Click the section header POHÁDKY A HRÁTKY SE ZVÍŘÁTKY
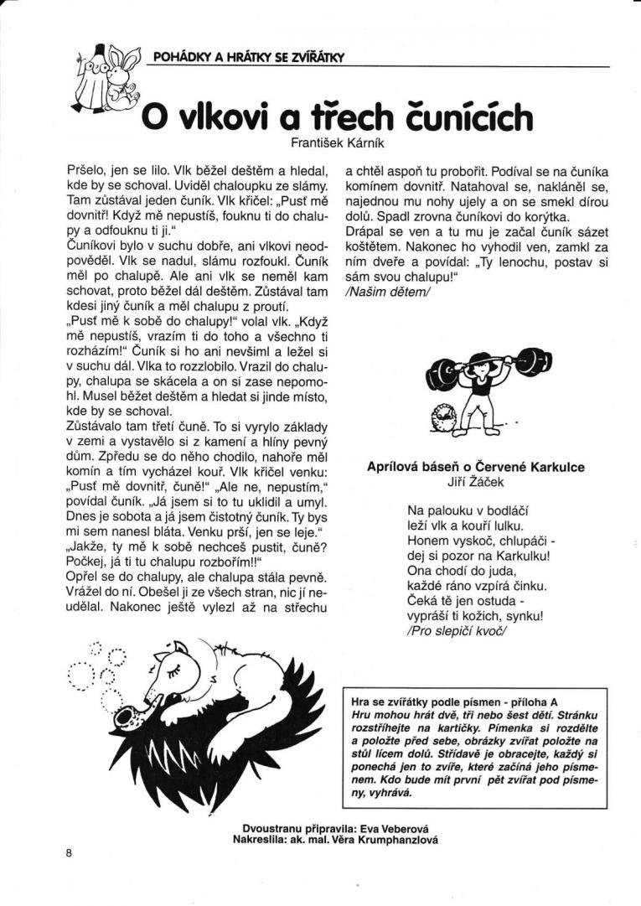(x=250, y=57)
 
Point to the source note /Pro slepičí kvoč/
(x=457, y=631)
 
